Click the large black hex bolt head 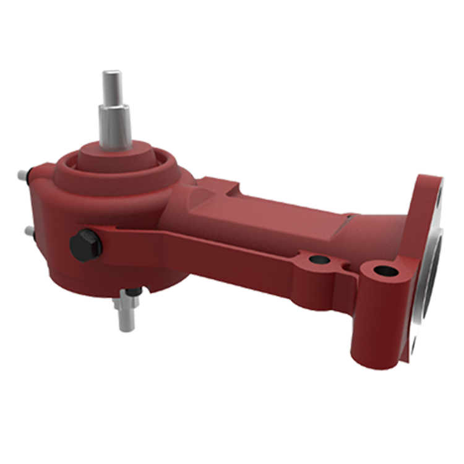85,245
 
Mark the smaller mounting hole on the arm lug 319,259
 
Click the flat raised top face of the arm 272,210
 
